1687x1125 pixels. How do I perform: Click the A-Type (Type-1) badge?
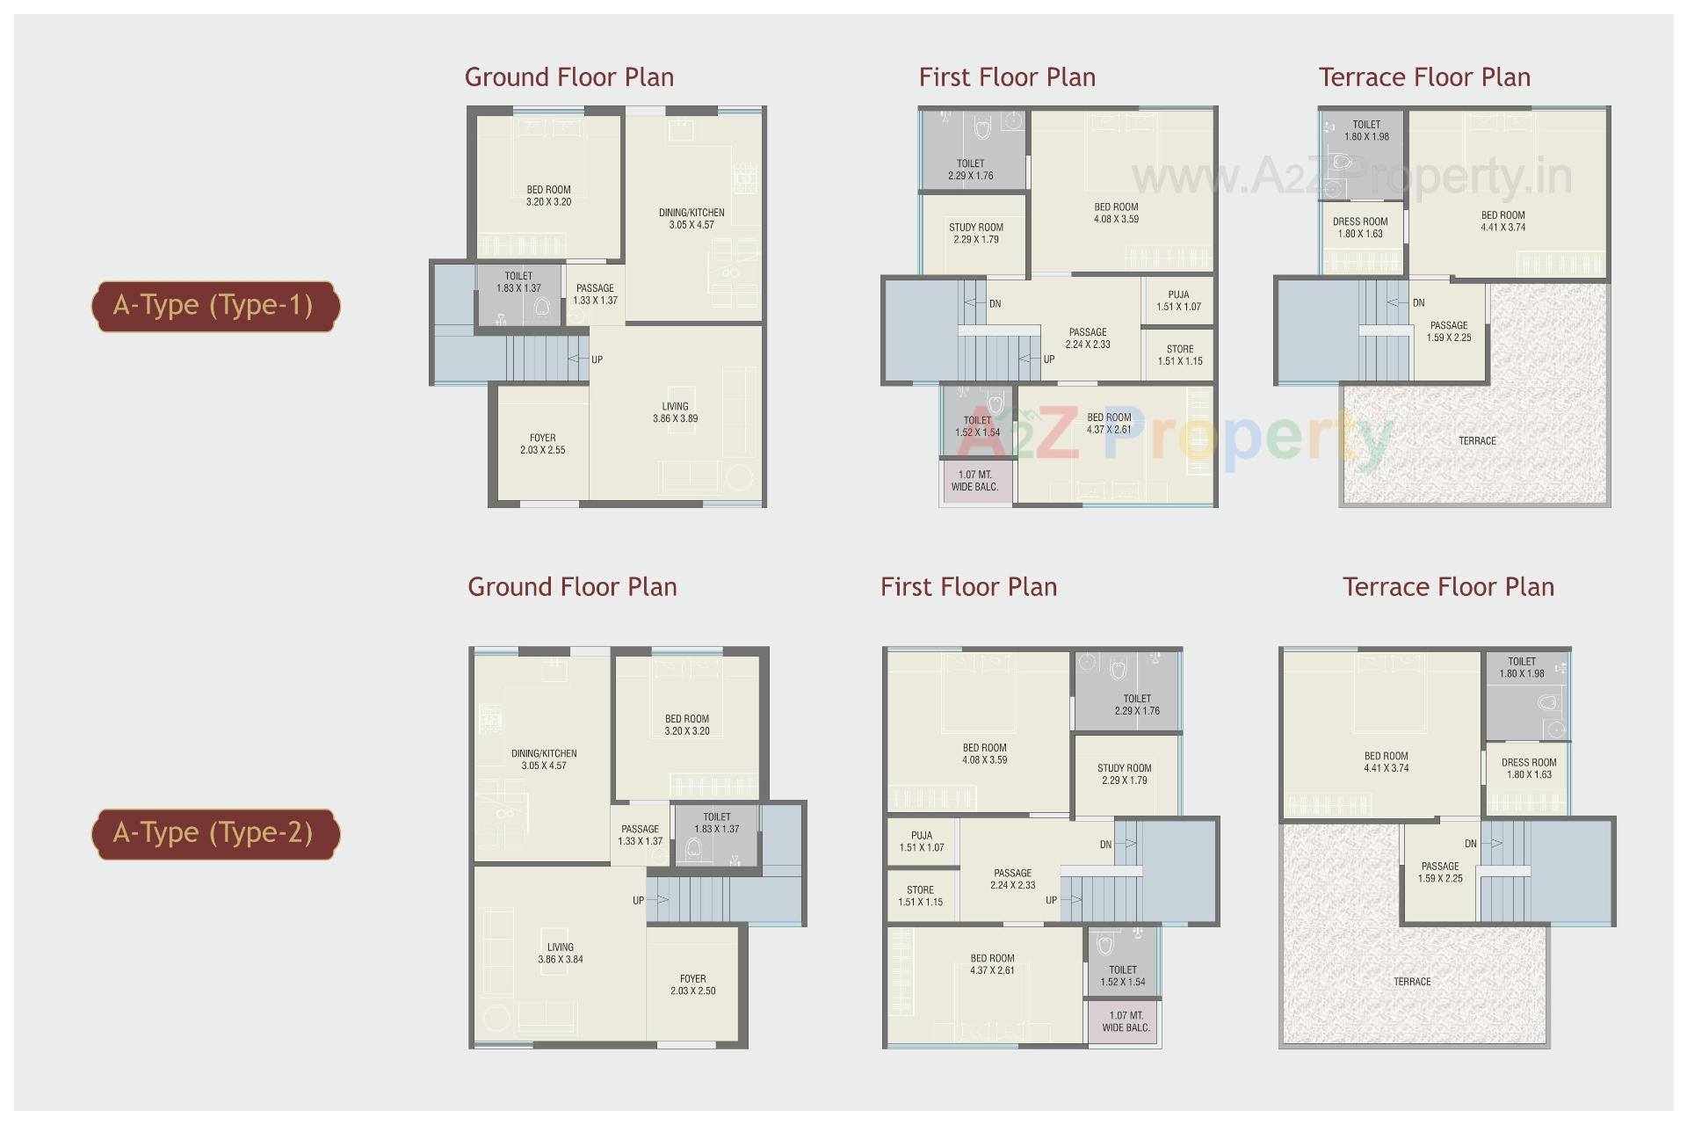[214, 306]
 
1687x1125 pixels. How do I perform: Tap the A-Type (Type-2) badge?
[214, 833]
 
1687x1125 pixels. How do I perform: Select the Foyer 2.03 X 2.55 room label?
[542, 444]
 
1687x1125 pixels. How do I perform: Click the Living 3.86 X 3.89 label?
[675, 412]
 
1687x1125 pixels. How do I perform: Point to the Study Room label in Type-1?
[975, 233]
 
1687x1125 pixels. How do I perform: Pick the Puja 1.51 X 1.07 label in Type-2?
[921, 841]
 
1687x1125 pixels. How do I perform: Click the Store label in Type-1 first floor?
[1179, 355]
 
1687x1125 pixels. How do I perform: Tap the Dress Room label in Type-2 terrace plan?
[1529, 768]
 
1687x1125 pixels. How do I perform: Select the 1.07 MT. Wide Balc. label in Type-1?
[974, 481]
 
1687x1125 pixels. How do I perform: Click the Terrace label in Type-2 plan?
[1412, 982]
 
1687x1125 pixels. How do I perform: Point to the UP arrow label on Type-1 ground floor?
[597, 359]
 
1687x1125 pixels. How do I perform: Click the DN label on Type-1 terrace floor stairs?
[1418, 303]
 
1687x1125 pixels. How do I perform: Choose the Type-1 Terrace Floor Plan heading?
[1424, 77]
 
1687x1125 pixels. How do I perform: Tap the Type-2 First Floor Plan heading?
[968, 587]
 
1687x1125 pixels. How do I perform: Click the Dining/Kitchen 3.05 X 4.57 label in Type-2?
[544, 759]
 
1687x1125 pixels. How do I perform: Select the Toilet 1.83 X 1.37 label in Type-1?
[518, 282]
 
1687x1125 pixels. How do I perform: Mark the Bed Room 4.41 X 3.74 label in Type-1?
[1502, 221]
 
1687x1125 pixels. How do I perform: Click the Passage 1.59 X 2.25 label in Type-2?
[1440, 872]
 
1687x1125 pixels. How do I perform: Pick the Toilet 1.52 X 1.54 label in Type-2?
[1123, 976]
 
